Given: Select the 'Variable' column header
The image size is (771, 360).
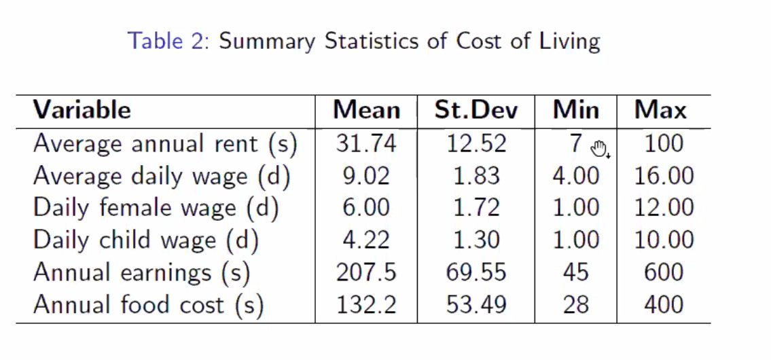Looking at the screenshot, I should (x=82, y=110).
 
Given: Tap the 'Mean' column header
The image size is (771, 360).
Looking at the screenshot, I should (x=366, y=110).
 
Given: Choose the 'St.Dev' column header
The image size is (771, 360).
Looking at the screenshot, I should (x=476, y=110).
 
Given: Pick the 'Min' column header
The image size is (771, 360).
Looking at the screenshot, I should (x=575, y=110).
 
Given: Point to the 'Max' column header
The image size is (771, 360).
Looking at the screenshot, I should (x=660, y=110).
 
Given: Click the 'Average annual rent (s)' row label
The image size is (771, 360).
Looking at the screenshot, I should (x=165, y=144).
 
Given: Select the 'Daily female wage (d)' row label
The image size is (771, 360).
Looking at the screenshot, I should (x=156, y=208).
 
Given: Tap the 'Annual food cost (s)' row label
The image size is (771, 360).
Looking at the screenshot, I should (x=148, y=305).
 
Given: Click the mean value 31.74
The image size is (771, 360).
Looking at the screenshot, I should (x=366, y=144).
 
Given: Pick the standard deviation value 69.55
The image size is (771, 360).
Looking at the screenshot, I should (x=476, y=273).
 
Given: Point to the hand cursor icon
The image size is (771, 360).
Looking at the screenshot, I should (x=599, y=149).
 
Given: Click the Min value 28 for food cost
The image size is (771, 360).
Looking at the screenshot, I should (x=575, y=305).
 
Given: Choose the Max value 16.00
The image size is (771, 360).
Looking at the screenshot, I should (x=664, y=177).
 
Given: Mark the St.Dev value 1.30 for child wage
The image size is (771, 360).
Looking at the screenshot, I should (x=476, y=240).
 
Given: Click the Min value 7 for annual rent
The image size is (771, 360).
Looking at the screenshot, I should (x=576, y=144).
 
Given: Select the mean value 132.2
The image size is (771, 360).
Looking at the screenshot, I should (x=366, y=305).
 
